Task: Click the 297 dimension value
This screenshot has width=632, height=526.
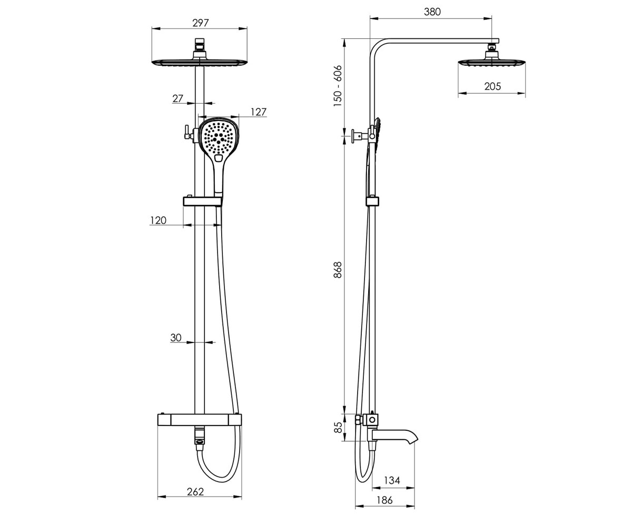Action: [x=200, y=23]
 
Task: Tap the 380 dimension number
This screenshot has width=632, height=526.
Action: [x=432, y=12]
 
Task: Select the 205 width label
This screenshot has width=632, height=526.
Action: [x=492, y=86]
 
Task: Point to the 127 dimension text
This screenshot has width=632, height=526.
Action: [x=259, y=112]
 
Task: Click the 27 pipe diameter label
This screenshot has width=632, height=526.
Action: [x=178, y=98]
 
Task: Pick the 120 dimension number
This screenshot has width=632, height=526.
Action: [x=158, y=220]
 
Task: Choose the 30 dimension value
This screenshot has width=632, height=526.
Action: [x=176, y=337]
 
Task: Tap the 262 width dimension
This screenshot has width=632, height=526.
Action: [x=195, y=492]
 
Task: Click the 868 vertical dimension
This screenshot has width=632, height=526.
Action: [x=338, y=270]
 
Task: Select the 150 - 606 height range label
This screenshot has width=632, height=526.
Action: [x=338, y=86]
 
